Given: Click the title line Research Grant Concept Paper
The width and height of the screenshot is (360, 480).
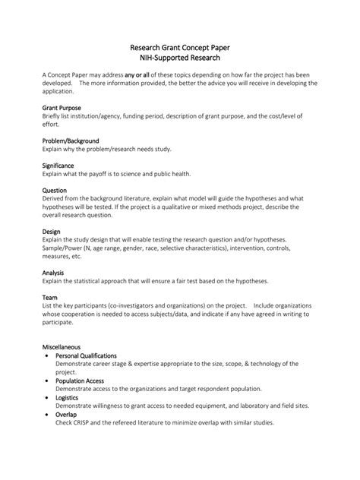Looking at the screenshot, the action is pyautogui.click(x=180, y=47).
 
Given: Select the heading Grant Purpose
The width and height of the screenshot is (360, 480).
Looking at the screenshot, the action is pyautogui.click(x=61, y=108).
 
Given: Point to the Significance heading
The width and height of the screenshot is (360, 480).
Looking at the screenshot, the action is pyautogui.click(x=58, y=165).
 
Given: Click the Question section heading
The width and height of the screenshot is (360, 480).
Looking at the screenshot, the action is pyautogui.click(x=54, y=190).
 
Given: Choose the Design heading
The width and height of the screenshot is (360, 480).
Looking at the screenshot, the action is pyautogui.click(x=51, y=231).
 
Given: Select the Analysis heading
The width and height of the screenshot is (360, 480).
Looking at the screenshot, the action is pyautogui.click(x=53, y=272).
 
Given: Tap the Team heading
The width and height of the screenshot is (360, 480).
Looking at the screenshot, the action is pyautogui.click(x=49, y=298).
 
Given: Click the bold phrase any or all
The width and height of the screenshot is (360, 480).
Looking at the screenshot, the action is pyautogui.click(x=140, y=75).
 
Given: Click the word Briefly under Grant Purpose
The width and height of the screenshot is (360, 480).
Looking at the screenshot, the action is pyautogui.click(x=52, y=116).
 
